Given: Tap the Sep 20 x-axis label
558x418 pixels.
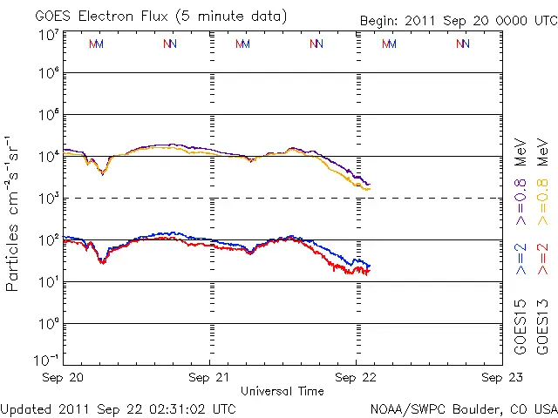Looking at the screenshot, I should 65,377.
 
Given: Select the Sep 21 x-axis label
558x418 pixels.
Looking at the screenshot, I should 210,377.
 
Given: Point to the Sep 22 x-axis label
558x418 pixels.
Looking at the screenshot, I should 356,377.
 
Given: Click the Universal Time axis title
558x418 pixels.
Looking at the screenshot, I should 282,391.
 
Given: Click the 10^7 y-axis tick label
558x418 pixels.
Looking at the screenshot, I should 49,35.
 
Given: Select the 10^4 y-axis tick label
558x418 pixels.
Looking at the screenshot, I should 49,156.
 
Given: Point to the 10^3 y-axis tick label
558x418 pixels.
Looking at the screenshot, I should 49,198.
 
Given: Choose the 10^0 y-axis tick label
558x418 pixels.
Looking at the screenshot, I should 49,323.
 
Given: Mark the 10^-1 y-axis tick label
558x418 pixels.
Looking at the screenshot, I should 47,360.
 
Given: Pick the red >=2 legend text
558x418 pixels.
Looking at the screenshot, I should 542,260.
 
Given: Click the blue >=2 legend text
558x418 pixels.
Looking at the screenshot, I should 521,260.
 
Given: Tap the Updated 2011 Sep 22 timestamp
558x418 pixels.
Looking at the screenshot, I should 118,408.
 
